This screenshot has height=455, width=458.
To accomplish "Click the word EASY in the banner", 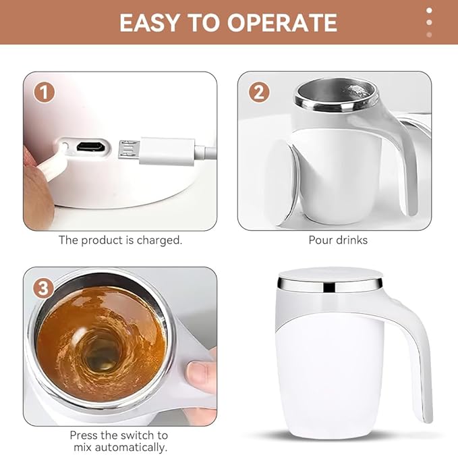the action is click(149, 23).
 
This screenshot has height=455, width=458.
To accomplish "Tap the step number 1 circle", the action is click(44, 92).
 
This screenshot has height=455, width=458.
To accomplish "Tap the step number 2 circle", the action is click(259, 92).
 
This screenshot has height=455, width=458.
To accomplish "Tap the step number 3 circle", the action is click(43, 288).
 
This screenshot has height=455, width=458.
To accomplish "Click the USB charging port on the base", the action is click(90, 146).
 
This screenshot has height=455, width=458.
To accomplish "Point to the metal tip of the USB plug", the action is click(129, 150).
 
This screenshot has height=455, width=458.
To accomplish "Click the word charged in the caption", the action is click(159, 240).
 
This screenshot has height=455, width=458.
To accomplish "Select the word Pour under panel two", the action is click(320, 240).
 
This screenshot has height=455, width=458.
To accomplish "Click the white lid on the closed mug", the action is click(330, 275).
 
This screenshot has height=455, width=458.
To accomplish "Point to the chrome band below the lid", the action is click(329, 286).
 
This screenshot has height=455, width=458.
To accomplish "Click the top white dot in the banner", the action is click(429, 10).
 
